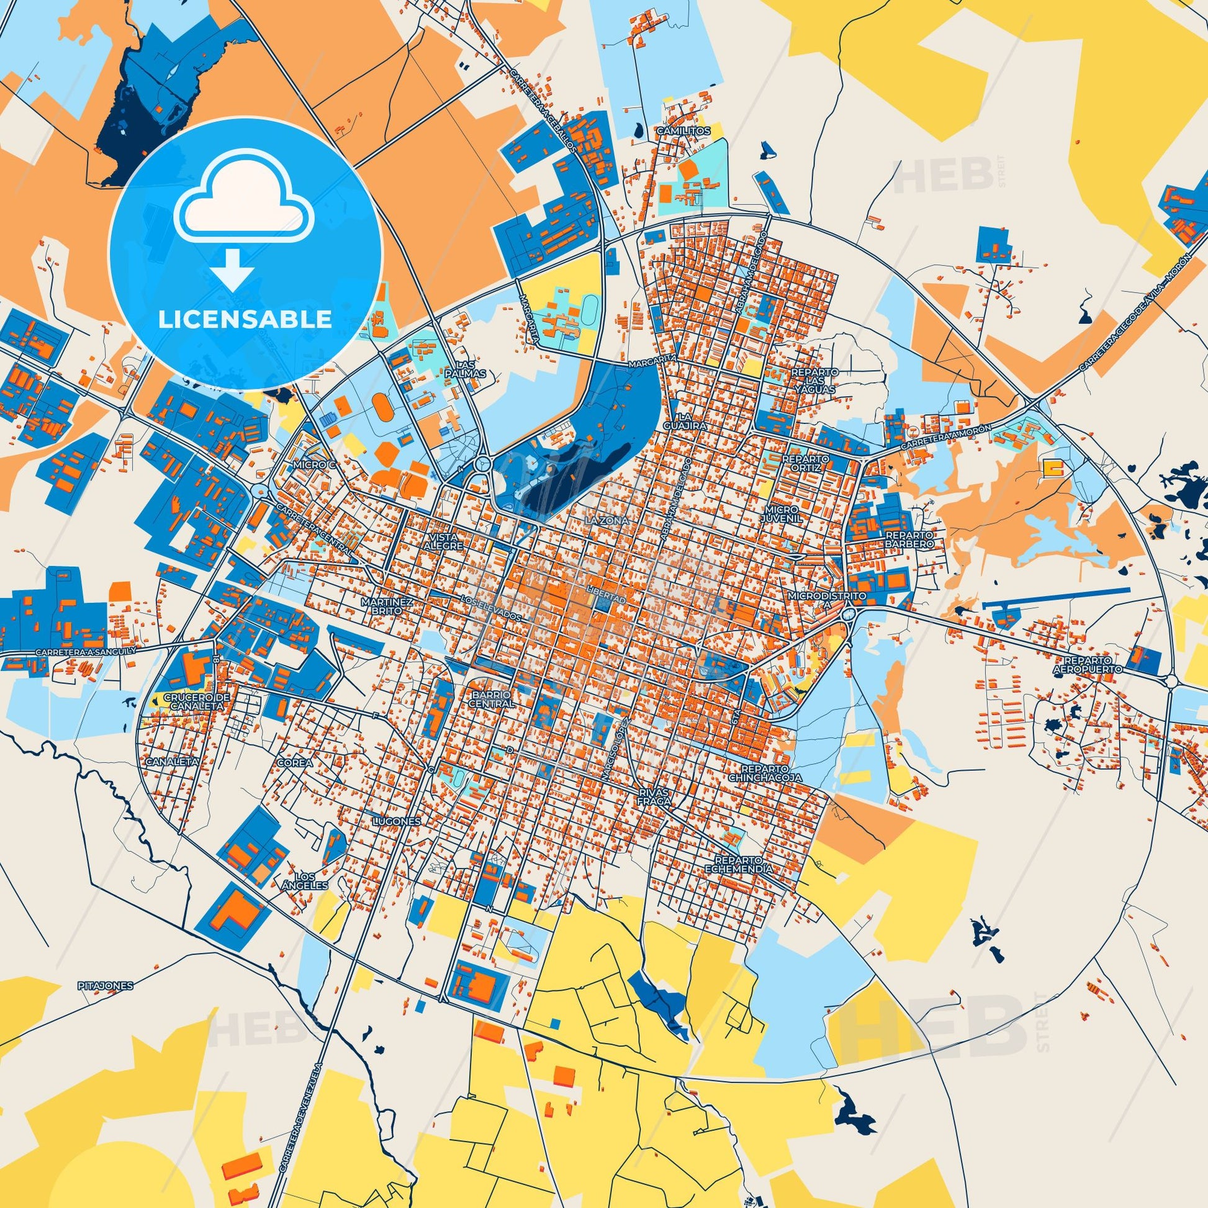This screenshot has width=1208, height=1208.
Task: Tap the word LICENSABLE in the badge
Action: [245, 320]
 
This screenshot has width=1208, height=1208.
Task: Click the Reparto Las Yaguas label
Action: [814, 380]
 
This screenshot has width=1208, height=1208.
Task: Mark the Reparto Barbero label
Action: [909, 539]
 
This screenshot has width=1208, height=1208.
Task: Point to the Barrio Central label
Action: [494, 699]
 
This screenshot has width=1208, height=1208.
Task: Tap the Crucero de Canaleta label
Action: [193, 701]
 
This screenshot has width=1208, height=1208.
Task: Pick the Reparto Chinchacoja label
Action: [764, 773]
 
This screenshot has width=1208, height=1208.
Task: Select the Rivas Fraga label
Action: [654, 796]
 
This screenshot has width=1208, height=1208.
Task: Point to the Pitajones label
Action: [106, 985]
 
